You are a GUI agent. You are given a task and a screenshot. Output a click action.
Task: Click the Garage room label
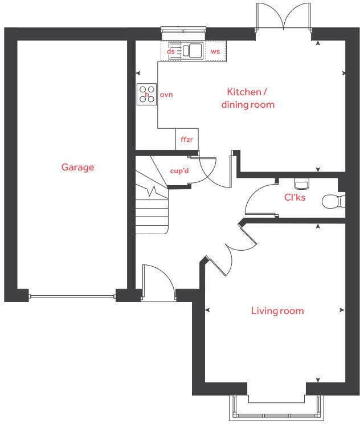(x=77, y=168)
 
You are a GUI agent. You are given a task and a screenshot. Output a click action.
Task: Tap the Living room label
(x=277, y=311)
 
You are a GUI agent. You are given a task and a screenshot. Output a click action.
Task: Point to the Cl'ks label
(x=295, y=198)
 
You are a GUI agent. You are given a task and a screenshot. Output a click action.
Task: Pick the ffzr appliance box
(x=187, y=139)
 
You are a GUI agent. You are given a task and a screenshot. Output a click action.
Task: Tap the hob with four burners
(x=147, y=94)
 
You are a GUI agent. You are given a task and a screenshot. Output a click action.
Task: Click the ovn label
(x=166, y=94)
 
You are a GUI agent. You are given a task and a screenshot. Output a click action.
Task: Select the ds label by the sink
(x=170, y=51)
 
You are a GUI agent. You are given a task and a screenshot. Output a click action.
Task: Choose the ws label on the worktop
(x=215, y=51)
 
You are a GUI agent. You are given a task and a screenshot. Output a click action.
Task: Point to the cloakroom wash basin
(x=301, y=184)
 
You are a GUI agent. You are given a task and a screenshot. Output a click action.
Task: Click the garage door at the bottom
(x=72, y=296)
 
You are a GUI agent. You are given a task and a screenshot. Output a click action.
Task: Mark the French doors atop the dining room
(x=284, y=17)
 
